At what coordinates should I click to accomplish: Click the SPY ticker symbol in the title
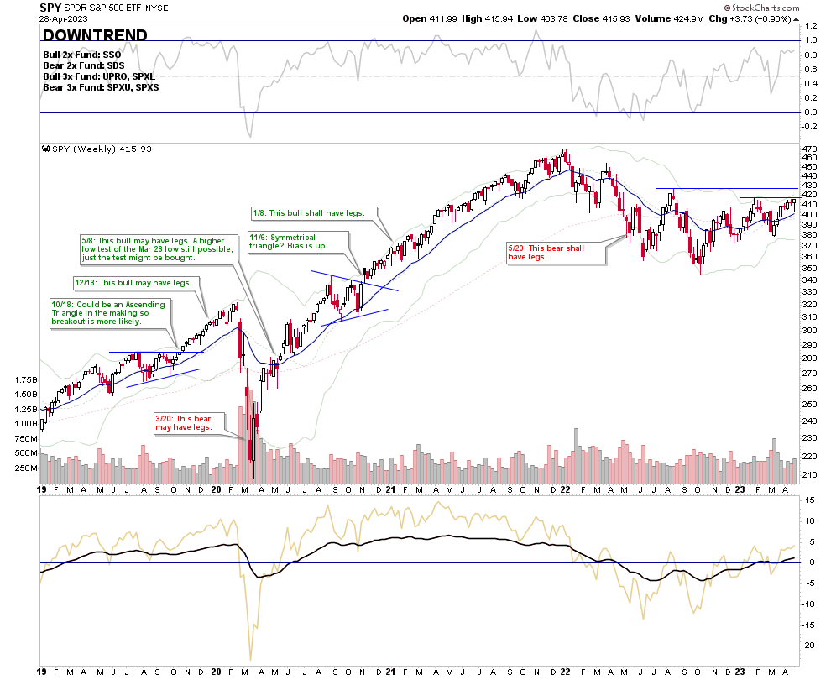(x=51, y=7)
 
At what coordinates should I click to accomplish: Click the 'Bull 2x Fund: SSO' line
(x=80, y=55)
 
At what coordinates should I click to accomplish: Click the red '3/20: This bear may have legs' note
(x=185, y=422)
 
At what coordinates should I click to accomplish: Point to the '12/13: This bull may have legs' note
(x=133, y=283)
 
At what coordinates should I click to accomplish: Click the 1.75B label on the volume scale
(x=28, y=379)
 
